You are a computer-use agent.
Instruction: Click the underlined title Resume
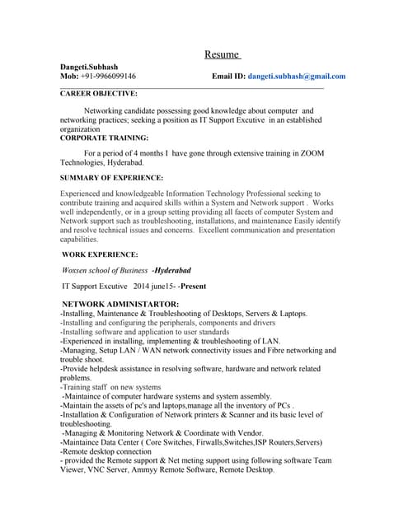click(221, 55)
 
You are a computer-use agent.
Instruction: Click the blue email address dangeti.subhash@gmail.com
click(297, 76)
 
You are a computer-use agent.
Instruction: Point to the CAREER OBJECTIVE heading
click(99, 94)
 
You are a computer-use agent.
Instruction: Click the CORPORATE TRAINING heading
click(105, 138)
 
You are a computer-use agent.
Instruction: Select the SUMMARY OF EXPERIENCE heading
click(112, 178)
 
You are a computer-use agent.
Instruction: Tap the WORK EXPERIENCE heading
click(101, 255)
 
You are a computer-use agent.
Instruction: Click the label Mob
click(68, 76)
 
